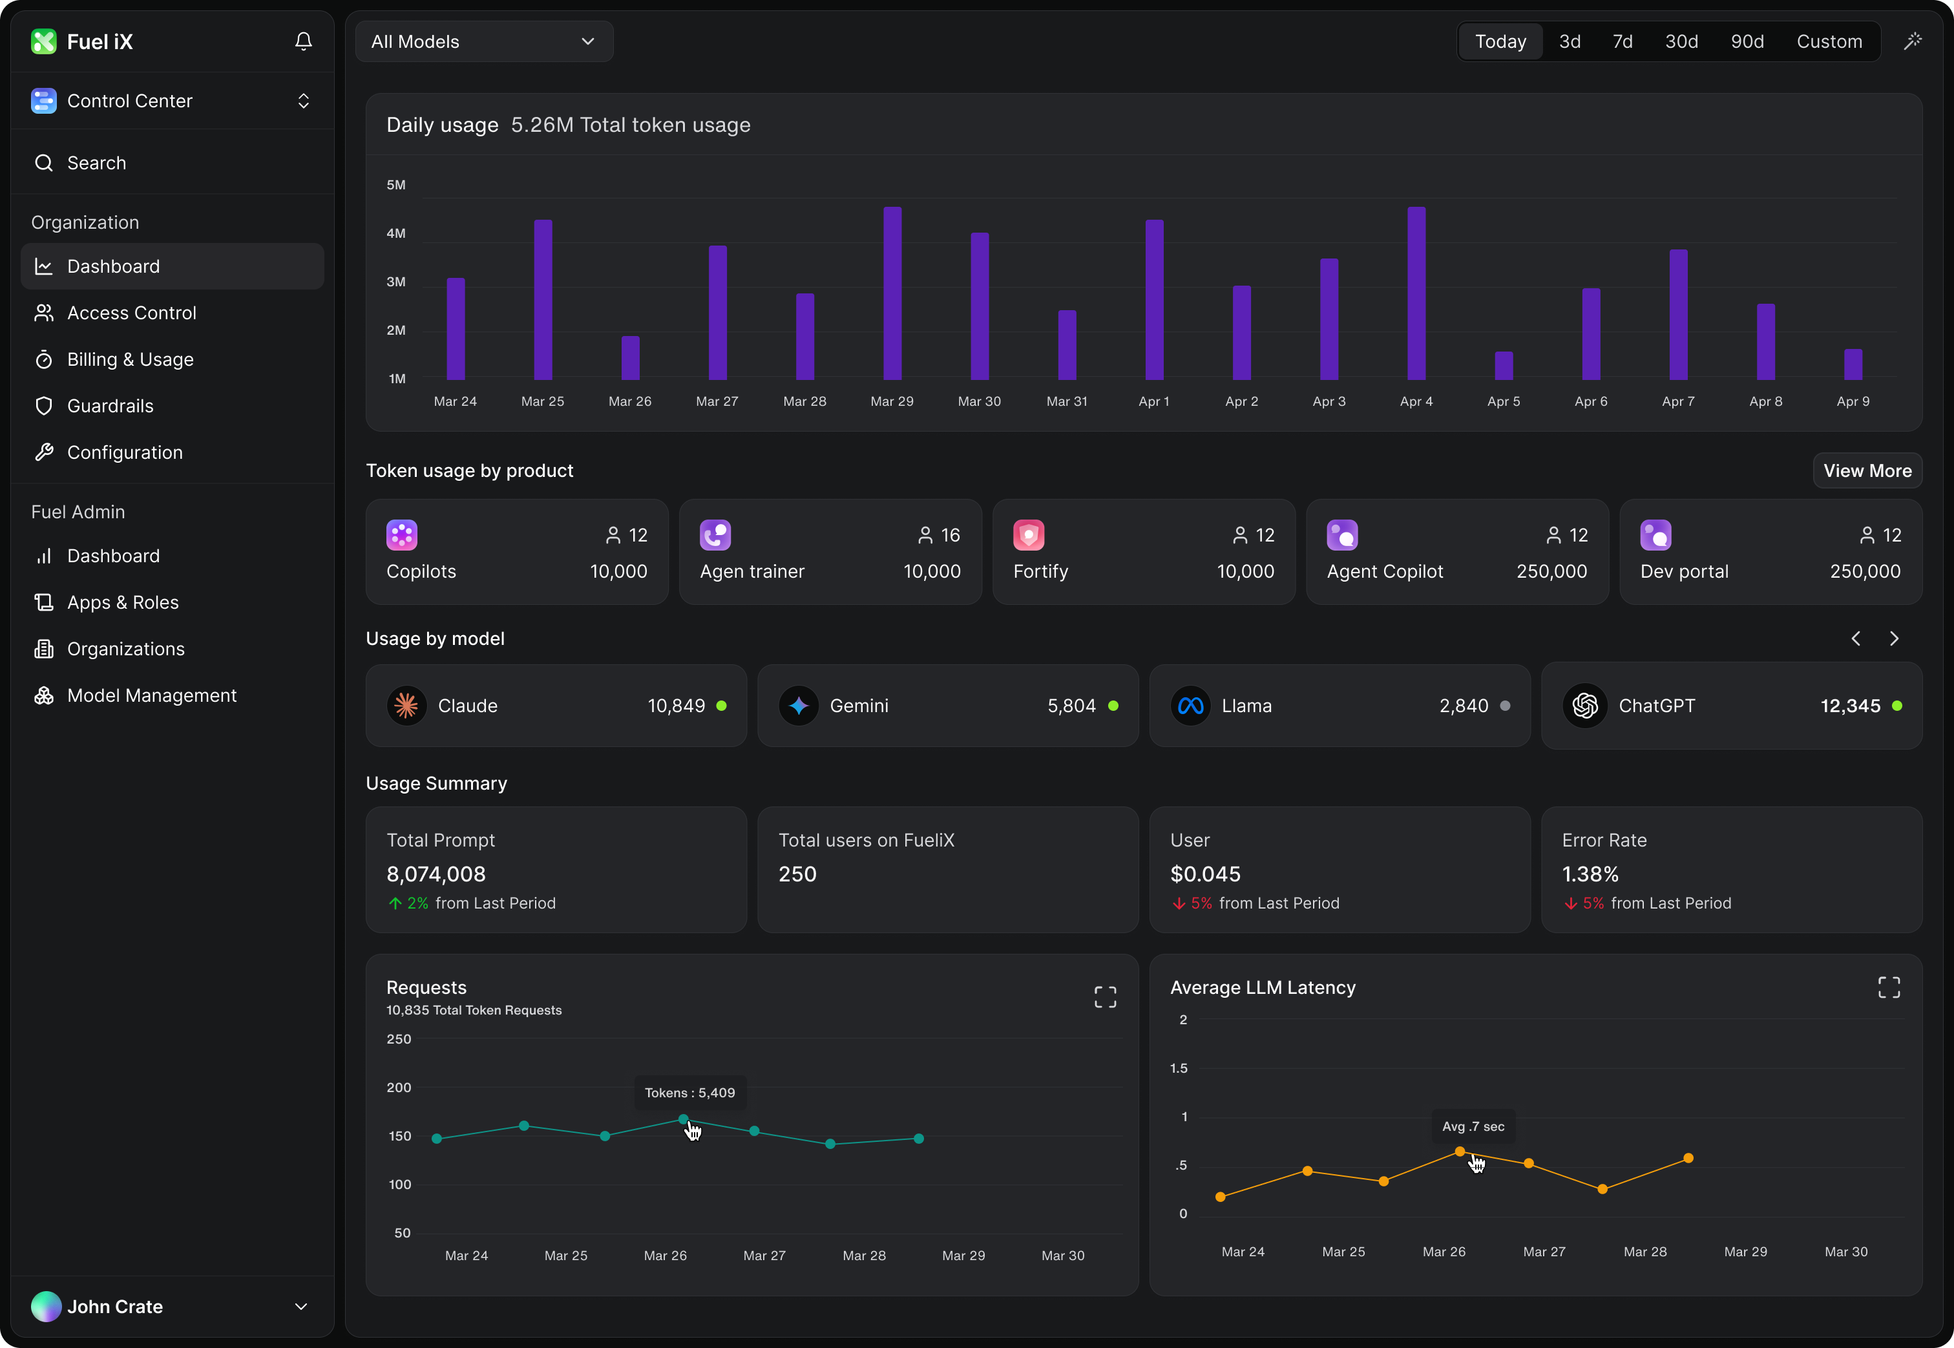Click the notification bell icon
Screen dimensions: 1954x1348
click(303, 41)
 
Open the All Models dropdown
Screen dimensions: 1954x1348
click(484, 41)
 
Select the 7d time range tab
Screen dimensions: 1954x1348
click(1621, 41)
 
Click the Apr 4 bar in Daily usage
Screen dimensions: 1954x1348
click(1416, 293)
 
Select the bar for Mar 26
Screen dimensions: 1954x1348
click(630, 358)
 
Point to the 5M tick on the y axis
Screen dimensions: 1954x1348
click(396, 185)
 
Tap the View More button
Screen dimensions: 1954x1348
click(1867, 470)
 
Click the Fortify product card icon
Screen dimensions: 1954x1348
click(1029, 534)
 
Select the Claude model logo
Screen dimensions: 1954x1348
click(406, 705)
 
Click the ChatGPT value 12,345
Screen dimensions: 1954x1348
click(1849, 705)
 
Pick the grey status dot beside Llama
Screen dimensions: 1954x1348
click(1505, 705)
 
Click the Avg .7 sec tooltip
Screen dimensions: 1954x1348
click(1473, 1126)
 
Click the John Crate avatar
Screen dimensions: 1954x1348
click(46, 1306)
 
